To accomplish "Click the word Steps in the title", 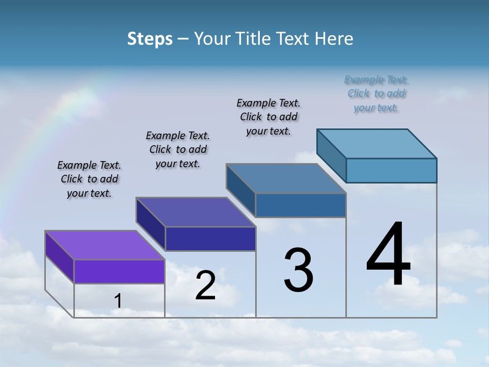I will (150, 39).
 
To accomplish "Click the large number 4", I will (388, 255).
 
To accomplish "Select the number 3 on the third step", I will (298, 270).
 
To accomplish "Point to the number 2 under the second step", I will (206, 285).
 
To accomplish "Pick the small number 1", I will (118, 301).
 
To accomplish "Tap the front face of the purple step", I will (119, 271).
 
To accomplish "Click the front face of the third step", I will (301, 205).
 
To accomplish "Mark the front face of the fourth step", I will (391, 170).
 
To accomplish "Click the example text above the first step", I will (89, 179).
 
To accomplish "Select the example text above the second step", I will (178, 149).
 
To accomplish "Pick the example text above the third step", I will (268, 117).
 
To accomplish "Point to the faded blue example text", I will (376, 94).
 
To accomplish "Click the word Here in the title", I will (334, 39).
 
